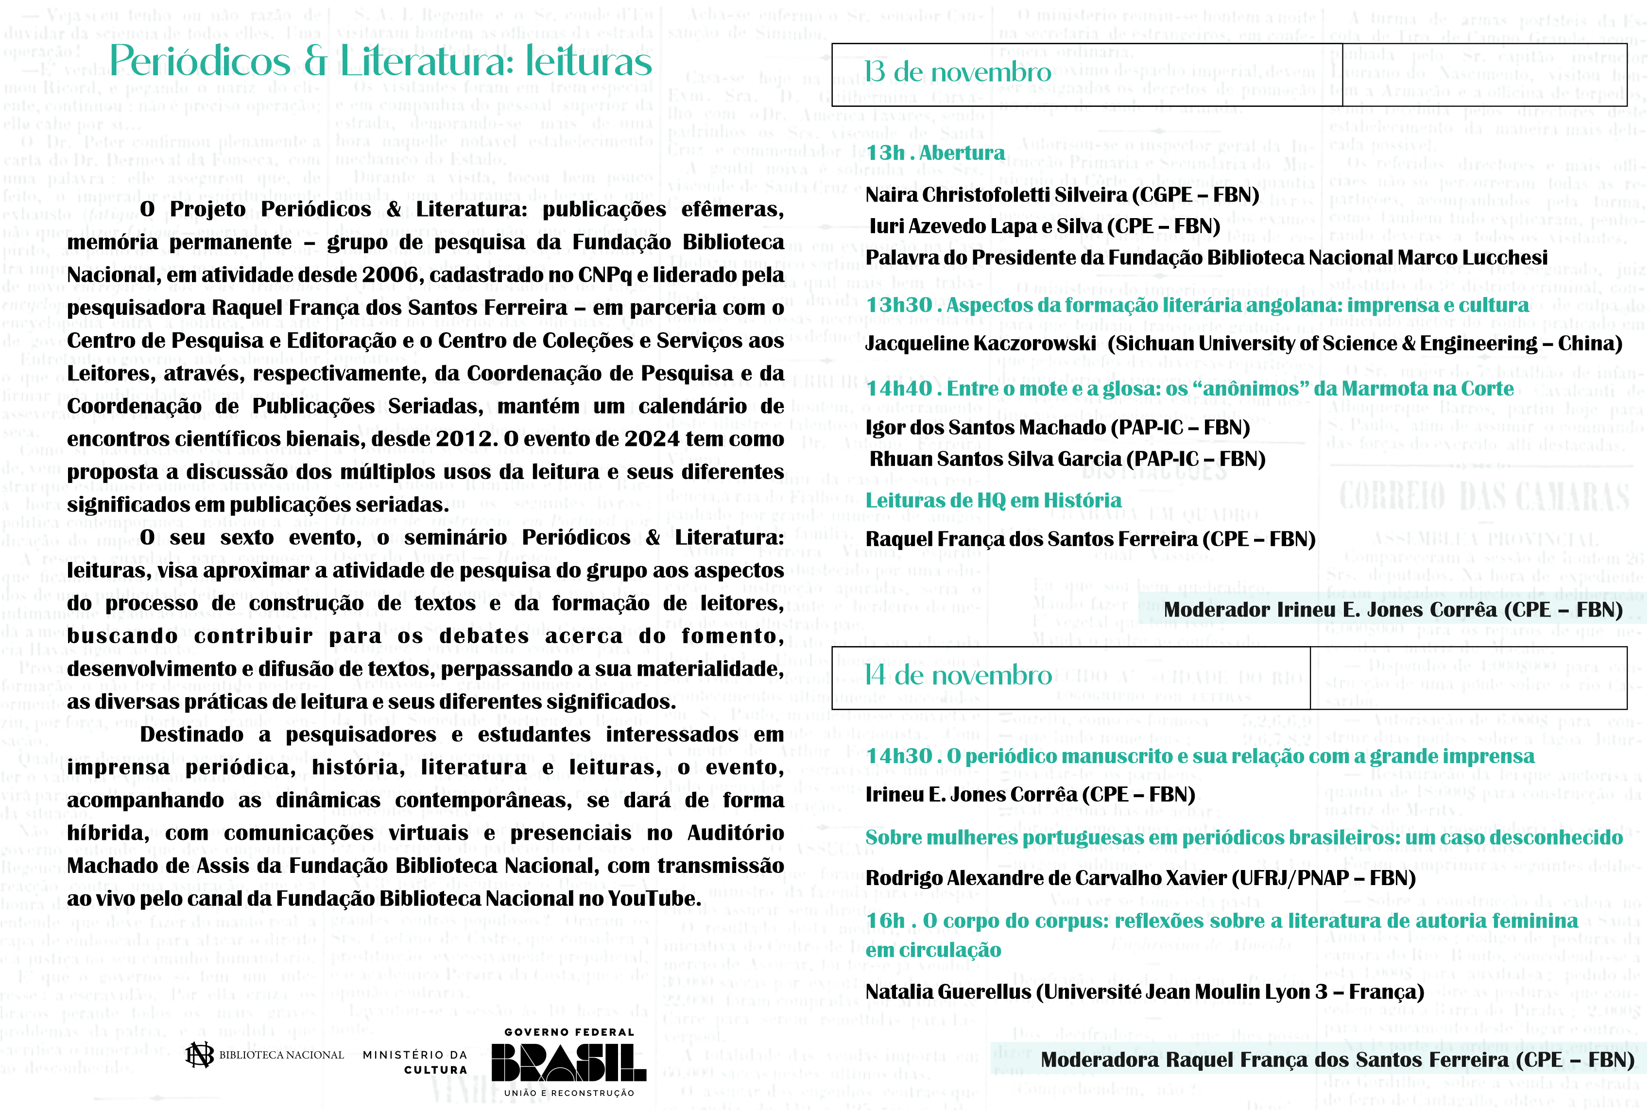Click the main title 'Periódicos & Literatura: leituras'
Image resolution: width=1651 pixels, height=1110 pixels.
[380, 62]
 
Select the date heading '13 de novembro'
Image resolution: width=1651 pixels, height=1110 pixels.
[957, 72]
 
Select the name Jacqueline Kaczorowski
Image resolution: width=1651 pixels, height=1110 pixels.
[980, 344]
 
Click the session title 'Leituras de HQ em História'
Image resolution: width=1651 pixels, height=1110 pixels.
[993, 500]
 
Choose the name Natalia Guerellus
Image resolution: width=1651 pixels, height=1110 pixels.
[949, 992]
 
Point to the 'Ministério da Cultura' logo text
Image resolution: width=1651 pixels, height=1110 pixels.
[415, 1062]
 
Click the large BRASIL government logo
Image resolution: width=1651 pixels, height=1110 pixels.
[568, 1062]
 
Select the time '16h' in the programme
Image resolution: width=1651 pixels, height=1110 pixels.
[885, 921]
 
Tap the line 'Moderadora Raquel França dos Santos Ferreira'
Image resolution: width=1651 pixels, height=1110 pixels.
[1337, 1060]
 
